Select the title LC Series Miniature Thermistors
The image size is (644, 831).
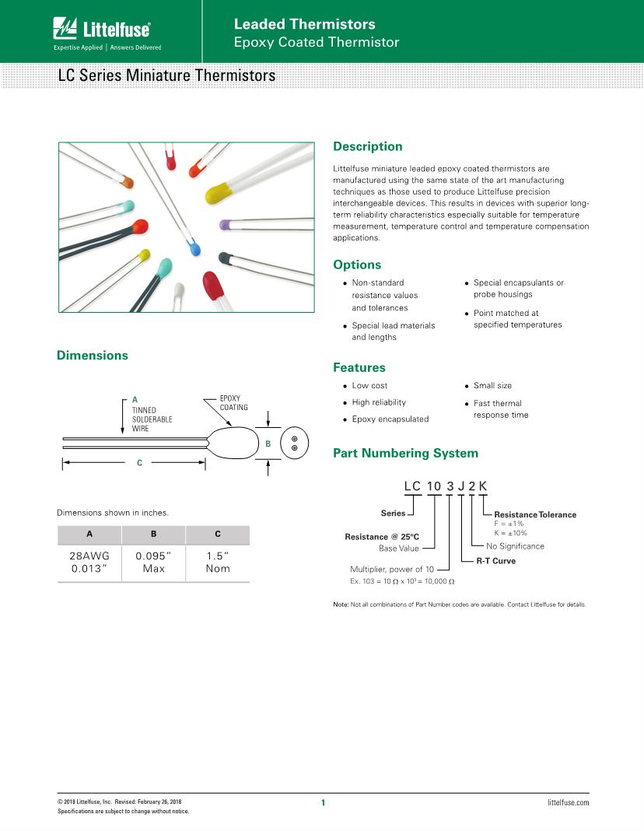point(166,76)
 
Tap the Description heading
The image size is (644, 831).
point(367,146)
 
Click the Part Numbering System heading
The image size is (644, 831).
point(405,453)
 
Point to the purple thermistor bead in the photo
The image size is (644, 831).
point(226,224)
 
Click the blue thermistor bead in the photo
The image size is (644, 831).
point(194,247)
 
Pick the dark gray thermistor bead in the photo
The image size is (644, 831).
point(226,257)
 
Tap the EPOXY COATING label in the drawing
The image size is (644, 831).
point(233,403)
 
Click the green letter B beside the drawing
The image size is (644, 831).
point(268,444)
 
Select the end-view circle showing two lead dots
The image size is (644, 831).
point(295,444)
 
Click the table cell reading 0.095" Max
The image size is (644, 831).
point(153,563)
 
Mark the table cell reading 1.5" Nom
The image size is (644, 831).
point(217,563)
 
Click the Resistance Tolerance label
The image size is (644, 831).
point(535,514)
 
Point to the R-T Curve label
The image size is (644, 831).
point(495,560)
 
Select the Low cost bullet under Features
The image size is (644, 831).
point(369,386)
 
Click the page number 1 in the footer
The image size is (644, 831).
point(322,802)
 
